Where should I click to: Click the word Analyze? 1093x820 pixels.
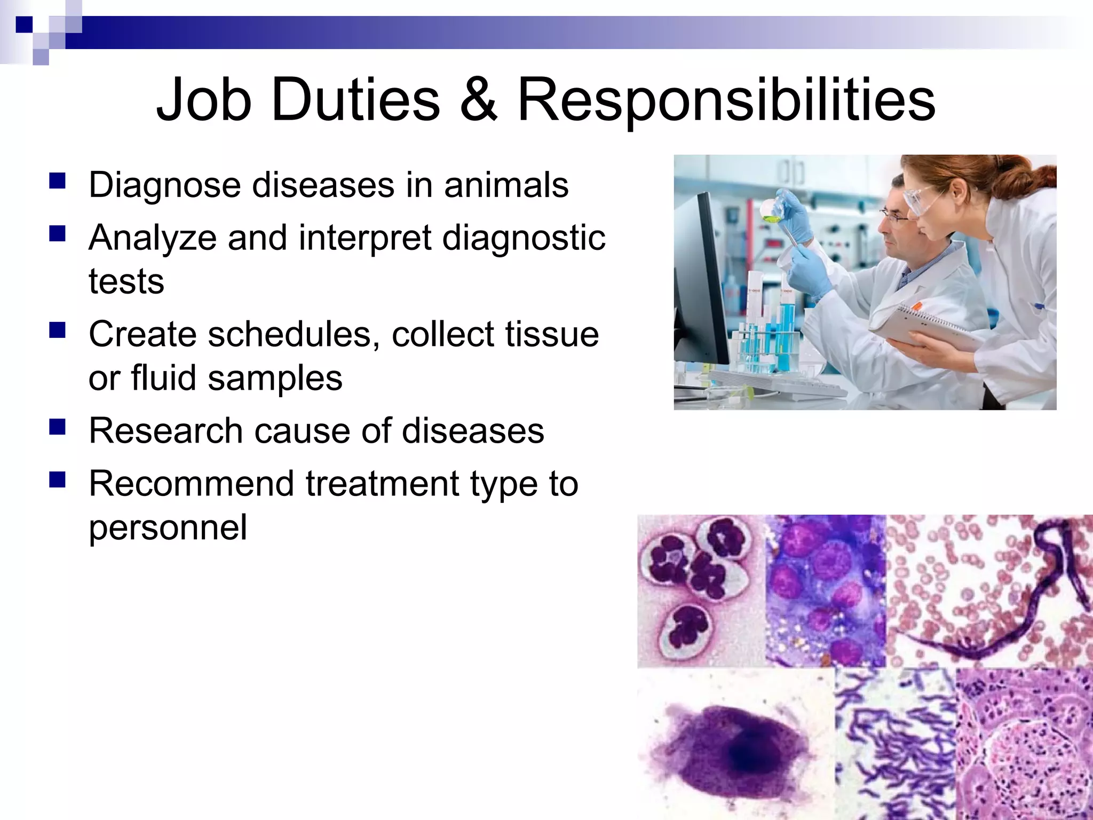pos(153,238)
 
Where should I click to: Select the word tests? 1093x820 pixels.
pos(126,281)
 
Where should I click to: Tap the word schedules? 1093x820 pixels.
pos(288,335)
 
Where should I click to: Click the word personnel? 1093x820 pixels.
pos(168,527)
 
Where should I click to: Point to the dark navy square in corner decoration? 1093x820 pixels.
pos(24,25)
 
